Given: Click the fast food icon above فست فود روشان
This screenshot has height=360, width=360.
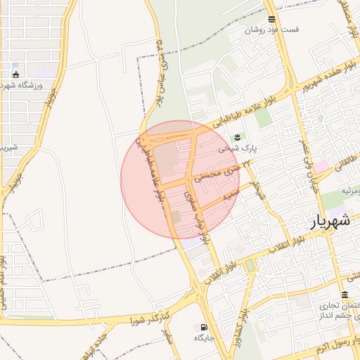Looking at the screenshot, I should (271, 19).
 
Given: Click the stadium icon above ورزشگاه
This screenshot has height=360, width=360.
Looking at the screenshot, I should (16, 74).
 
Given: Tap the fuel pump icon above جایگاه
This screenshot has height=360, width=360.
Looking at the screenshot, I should (204, 327).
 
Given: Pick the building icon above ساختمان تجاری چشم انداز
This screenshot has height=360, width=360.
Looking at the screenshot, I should (345, 295).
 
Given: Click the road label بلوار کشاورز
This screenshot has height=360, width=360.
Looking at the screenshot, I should (240, 320).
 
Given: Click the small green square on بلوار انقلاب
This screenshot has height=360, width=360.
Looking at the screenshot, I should (250, 266).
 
